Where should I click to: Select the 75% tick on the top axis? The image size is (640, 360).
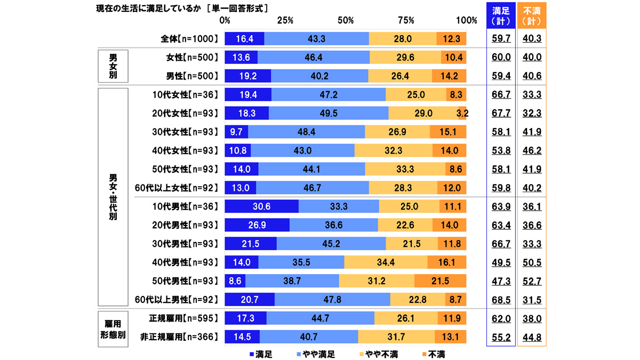pos(406,20)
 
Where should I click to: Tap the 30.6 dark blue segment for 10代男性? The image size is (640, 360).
pos(261,206)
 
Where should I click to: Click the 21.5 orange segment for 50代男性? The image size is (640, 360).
pos(440,281)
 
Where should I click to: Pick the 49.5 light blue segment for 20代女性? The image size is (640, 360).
pos(329,113)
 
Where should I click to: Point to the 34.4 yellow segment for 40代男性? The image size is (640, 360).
pos(386,262)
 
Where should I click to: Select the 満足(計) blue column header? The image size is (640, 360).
pos(501,16)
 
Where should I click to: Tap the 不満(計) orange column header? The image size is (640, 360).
pos(531,16)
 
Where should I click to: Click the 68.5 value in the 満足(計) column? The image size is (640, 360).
pos(501,299)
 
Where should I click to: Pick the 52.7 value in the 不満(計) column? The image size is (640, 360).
pos(531,281)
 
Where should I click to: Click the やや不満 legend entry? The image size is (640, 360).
pos(378,354)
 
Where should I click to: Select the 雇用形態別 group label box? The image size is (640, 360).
pos(113,327)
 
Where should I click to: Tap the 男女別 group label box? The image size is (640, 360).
pos(113,67)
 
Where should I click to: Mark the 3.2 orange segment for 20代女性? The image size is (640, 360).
pos(462,113)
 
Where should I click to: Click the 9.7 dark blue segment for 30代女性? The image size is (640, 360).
pos(236,132)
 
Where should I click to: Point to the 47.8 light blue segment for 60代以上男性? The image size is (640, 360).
pos(332,299)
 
